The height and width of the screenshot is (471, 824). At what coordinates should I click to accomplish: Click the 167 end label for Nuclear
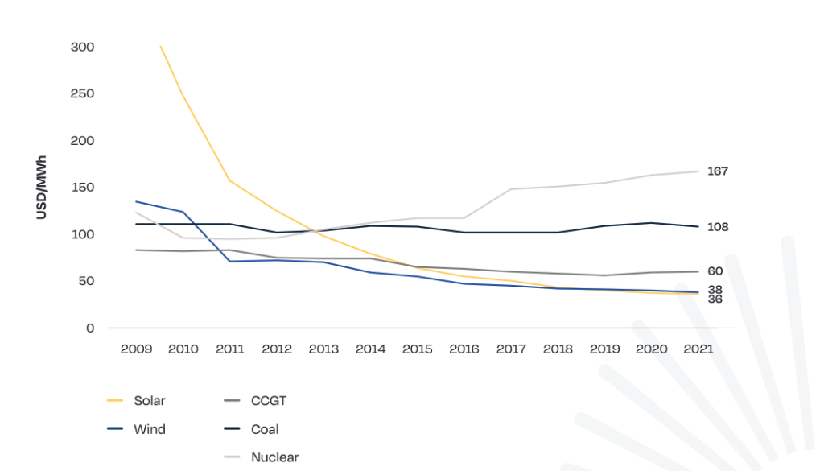click(717, 171)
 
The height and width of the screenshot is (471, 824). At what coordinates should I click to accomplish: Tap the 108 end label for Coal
click(717, 227)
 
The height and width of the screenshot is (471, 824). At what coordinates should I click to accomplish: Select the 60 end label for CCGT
click(715, 271)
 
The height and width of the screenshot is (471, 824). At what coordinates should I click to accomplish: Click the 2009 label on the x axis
click(135, 349)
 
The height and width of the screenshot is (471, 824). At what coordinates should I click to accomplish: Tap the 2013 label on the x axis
click(323, 349)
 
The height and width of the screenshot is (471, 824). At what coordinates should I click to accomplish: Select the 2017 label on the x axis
click(511, 349)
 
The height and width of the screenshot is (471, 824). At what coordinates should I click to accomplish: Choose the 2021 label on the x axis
click(698, 349)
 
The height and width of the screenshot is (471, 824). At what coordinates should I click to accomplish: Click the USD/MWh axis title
click(42, 188)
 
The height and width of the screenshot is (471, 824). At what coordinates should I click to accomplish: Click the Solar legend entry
click(149, 400)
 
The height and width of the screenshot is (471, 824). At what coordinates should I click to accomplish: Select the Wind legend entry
click(149, 429)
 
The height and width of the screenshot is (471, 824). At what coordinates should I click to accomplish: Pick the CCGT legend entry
click(269, 400)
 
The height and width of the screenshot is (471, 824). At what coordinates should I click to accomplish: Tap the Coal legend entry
click(265, 429)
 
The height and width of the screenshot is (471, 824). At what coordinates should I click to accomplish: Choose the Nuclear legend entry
click(274, 457)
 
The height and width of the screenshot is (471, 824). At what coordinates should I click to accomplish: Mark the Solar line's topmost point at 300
click(161, 47)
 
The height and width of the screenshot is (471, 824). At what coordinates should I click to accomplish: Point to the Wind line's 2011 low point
click(230, 261)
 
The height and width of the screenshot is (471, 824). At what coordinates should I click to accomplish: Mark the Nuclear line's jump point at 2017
click(511, 189)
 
